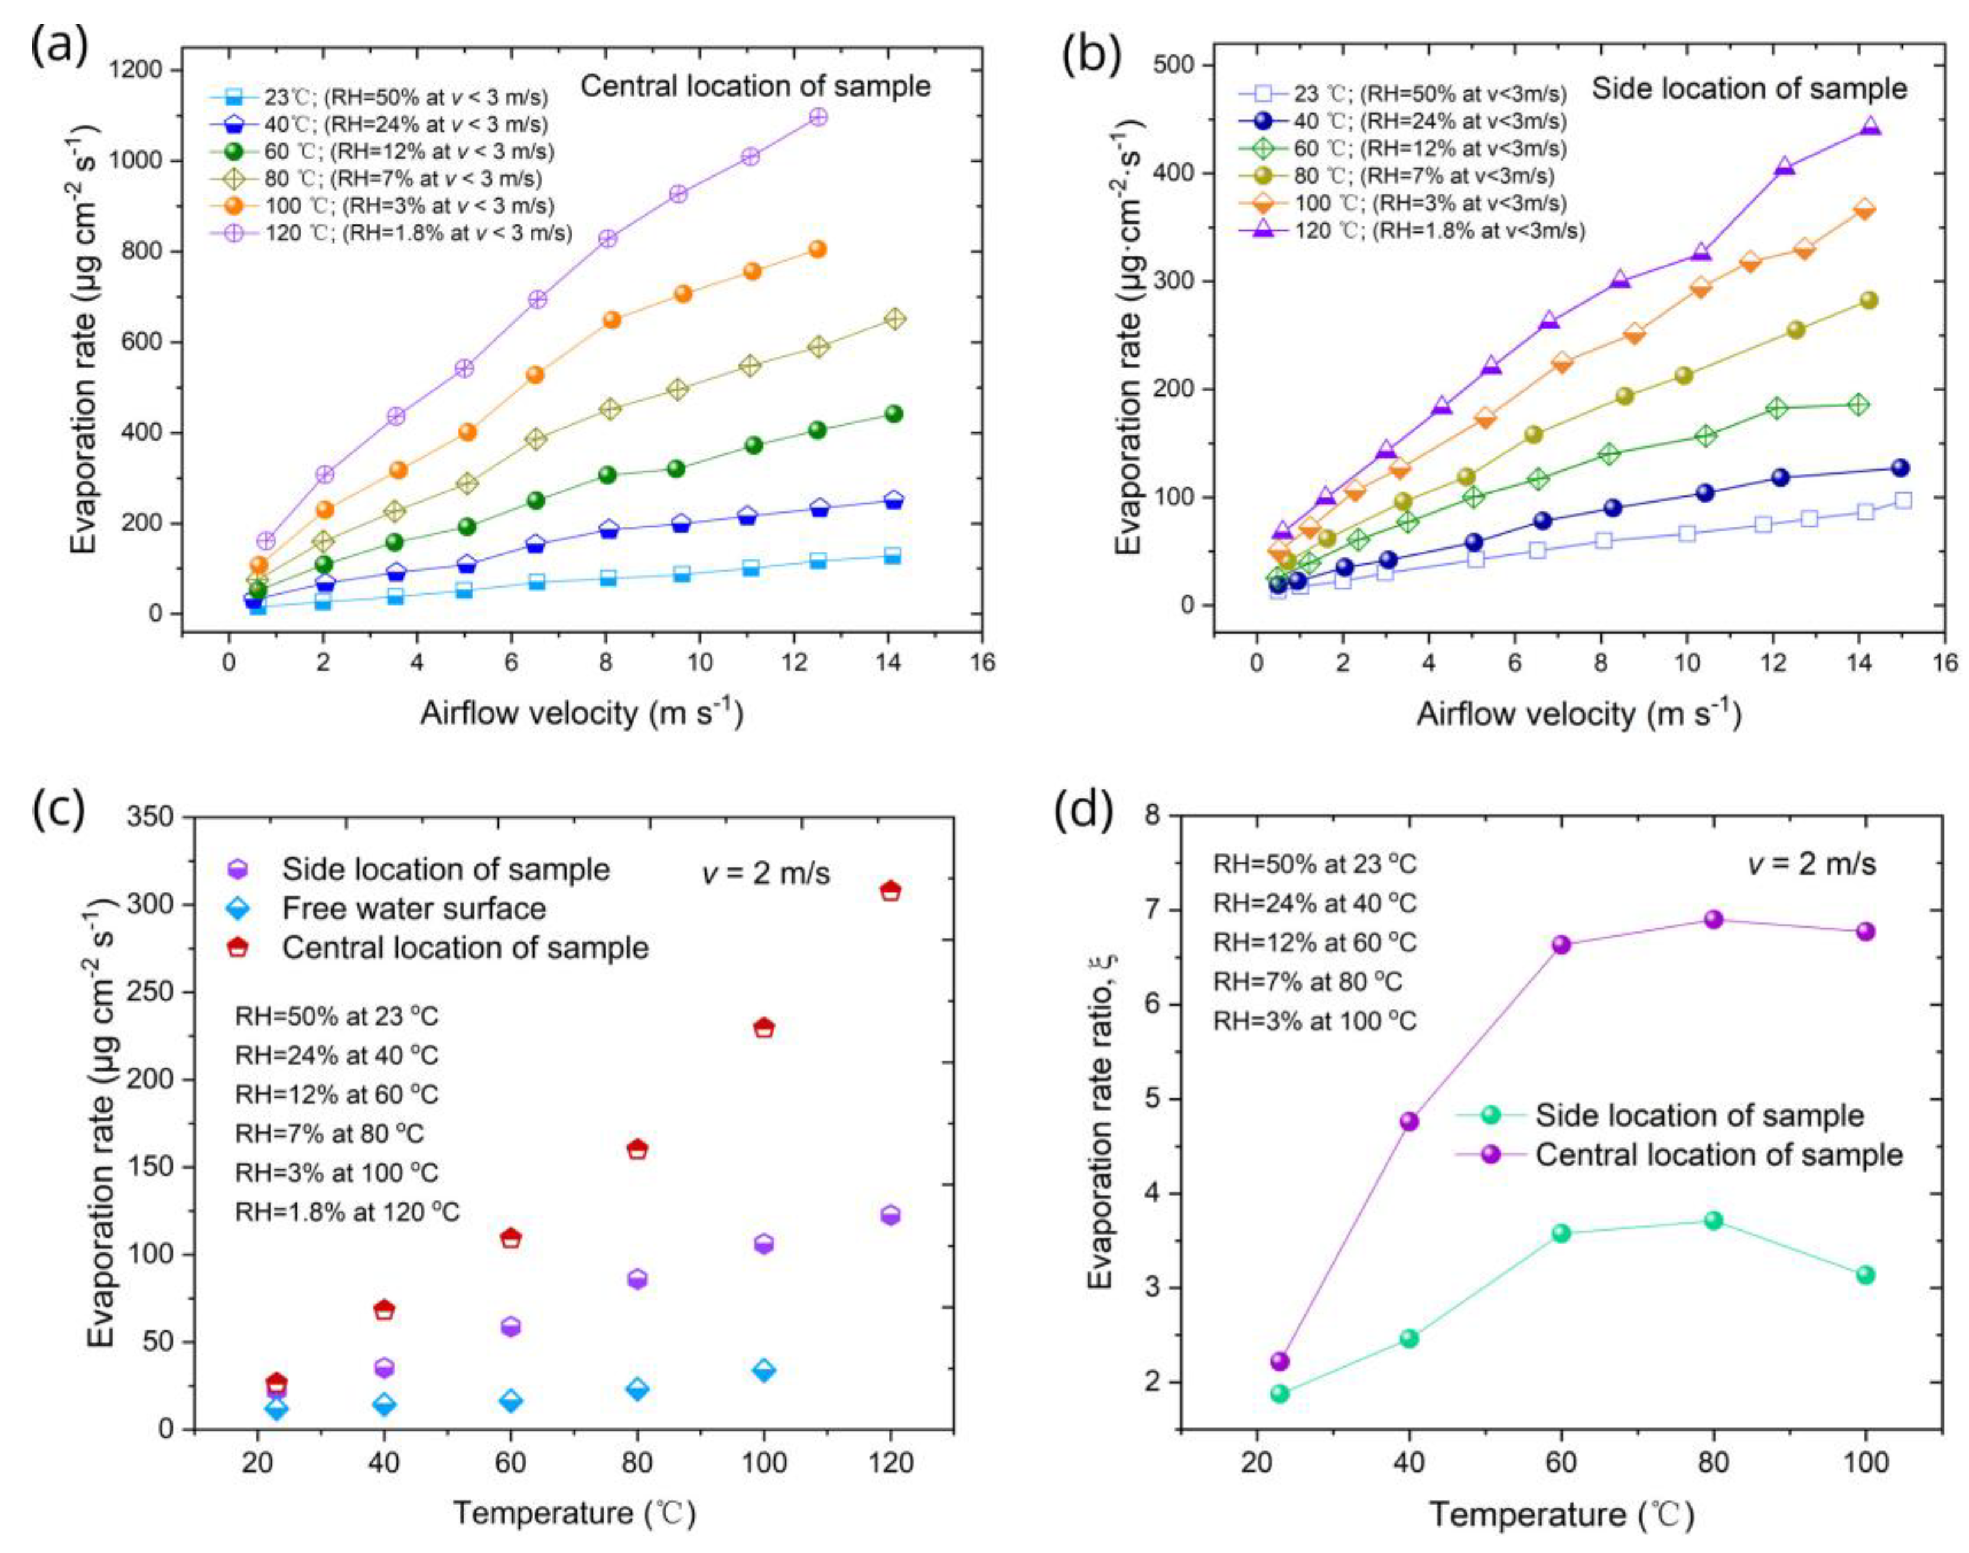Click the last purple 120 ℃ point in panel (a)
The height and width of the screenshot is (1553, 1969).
(818, 118)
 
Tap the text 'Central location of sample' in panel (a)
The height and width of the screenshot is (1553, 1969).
(755, 86)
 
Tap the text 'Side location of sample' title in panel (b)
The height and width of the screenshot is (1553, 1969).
(1748, 89)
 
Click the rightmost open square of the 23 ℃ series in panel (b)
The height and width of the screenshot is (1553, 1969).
(1902, 500)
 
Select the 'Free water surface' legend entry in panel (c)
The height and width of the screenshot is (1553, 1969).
(414, 908)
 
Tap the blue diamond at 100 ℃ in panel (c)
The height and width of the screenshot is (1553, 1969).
(764, 1370)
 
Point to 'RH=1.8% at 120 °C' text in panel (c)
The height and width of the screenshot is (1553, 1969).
(347, 1212)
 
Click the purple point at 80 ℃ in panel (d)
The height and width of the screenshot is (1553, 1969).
(1713, 919)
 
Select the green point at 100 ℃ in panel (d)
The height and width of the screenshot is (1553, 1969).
(1865, 1275)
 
